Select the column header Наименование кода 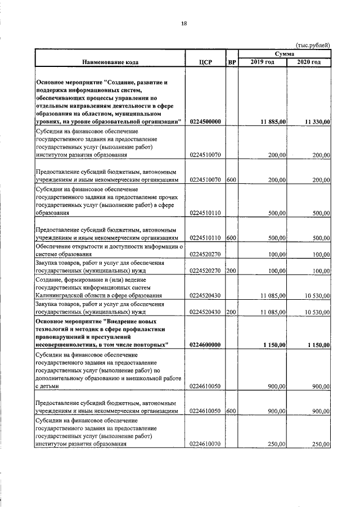pos(110,62)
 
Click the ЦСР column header pos(205,62)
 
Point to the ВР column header pos(231,62)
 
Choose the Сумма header pos(285,53)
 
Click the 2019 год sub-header pos(262,62)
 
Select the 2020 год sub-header pos(308,62)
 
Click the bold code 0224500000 pos(205,121)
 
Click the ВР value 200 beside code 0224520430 pos(231,311)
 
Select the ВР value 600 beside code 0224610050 pos(231,411)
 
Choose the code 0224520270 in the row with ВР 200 pos(205,271)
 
